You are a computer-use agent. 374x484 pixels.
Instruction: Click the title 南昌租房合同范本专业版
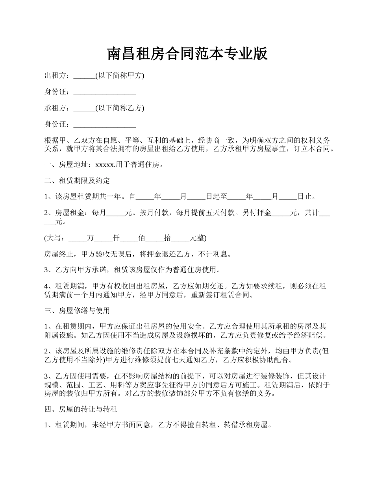coord(187,54)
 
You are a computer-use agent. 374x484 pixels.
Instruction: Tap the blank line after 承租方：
coord(84,108)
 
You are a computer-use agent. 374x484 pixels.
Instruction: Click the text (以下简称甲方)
coord(120,76)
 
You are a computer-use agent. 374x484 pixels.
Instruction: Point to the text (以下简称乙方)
coord(120,108)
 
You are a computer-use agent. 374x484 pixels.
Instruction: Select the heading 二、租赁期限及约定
coord(77,181)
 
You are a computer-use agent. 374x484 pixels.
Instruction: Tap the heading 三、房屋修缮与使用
coord(77,310)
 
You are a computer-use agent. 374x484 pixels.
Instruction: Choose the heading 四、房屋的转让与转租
coord(81,409)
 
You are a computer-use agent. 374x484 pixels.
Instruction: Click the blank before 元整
coord(181,238)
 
